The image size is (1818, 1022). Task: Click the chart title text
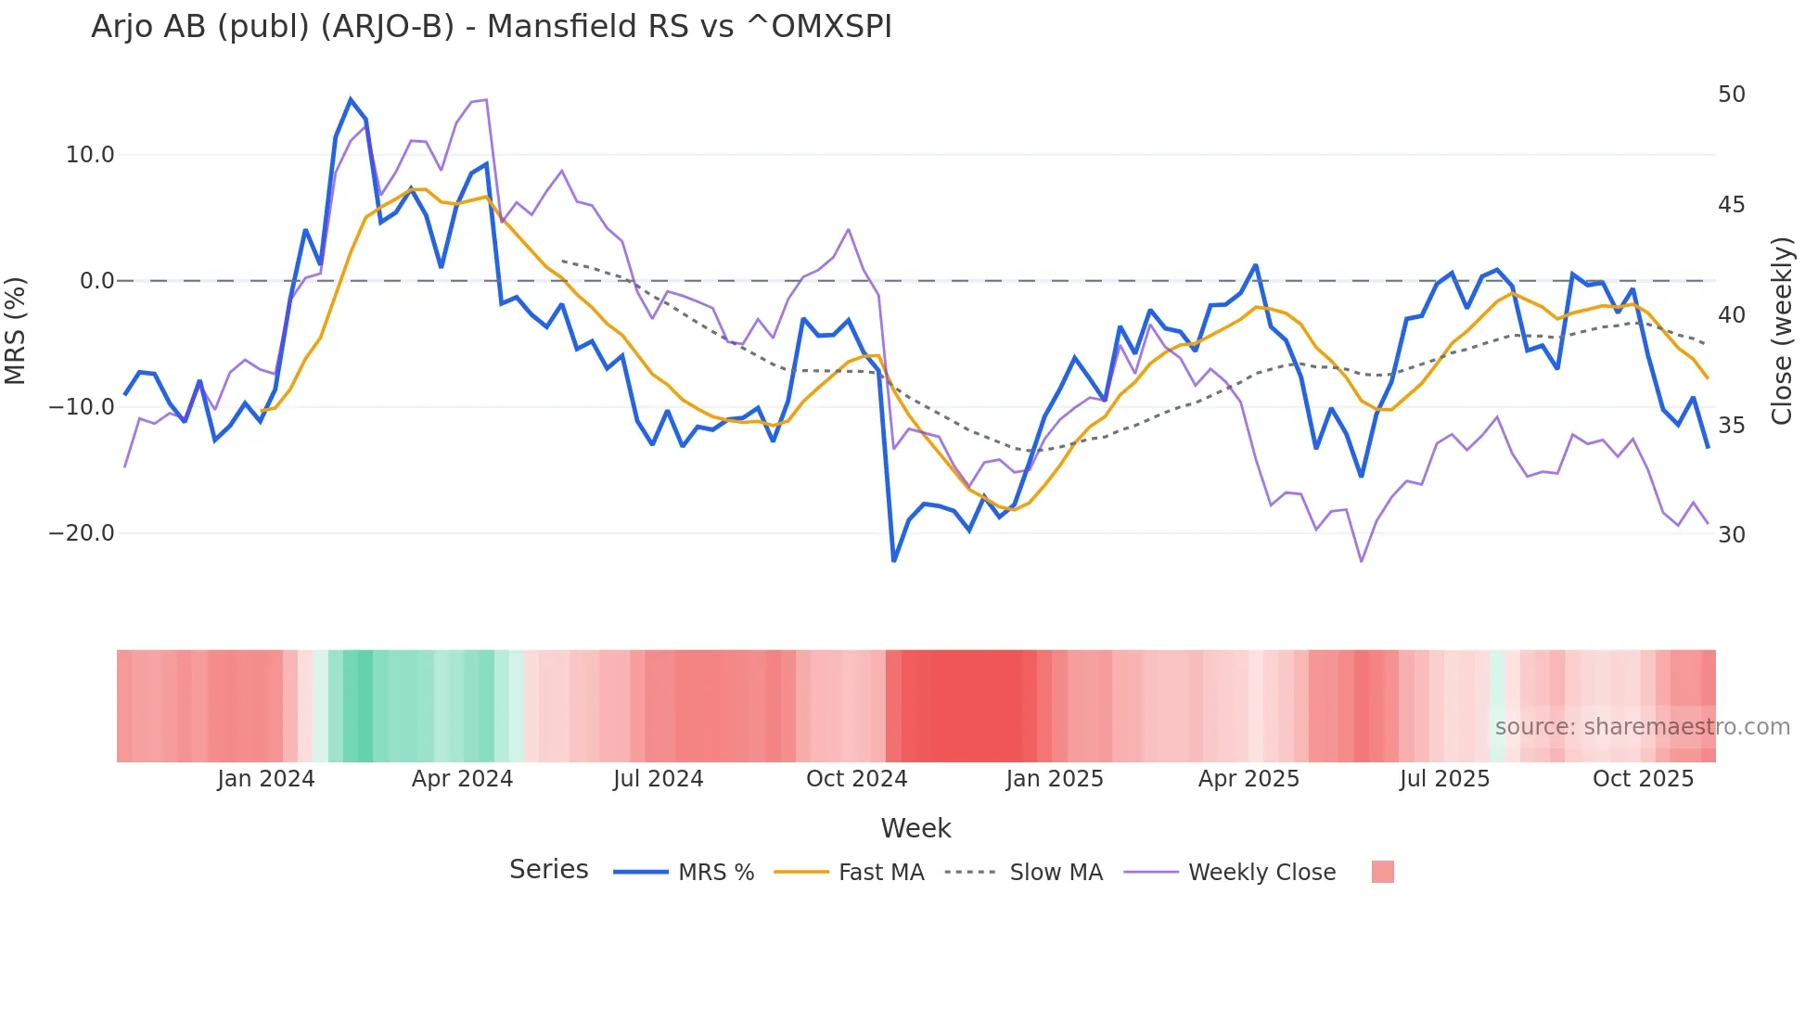492,27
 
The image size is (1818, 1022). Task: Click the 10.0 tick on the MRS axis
89,155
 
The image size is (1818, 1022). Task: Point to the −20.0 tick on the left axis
82,533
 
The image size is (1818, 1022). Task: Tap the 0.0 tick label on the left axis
96,281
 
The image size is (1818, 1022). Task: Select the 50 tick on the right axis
1731,95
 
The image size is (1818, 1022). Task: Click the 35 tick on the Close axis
1731,426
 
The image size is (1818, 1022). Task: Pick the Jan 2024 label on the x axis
266,779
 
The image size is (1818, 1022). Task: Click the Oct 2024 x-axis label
856,779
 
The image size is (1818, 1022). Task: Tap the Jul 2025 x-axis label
1444,779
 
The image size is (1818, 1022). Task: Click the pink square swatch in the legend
1382,873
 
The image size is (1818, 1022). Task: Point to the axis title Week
915,828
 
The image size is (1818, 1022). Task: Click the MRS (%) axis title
16,331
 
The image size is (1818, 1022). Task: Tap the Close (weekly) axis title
1781,331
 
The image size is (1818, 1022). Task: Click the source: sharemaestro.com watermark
1642,727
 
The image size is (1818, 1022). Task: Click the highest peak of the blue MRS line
351,99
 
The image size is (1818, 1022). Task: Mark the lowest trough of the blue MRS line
894,561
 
